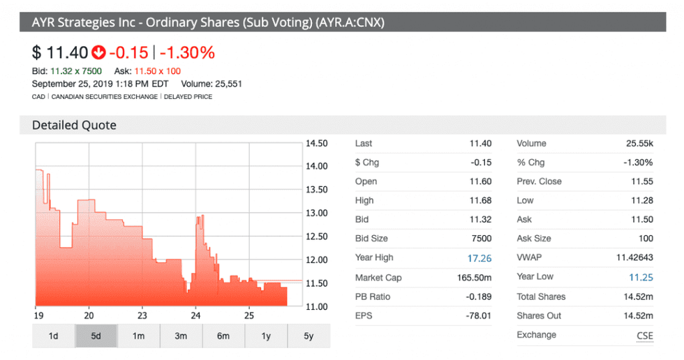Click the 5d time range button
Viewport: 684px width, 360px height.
(x=96, y=336)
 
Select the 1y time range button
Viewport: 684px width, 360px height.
(x=266, y=336)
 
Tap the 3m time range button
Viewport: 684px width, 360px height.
(x=181, y=336)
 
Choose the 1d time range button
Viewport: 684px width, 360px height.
(x=53, y=336)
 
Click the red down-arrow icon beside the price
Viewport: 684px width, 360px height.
(x=98, y=52)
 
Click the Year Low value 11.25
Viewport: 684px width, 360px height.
(x=641, y=277)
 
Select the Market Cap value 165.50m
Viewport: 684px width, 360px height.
(x=477, y=278)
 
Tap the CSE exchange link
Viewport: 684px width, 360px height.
(x=645, y=336)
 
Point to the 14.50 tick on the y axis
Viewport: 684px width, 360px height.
(x=317, y=144)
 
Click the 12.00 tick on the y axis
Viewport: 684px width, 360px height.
(x=317, y=260)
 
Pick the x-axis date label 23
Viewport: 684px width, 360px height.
(x=142, y=314)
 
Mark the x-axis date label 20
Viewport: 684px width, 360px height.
(x=89, y=314)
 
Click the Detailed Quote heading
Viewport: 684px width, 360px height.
(x=74, y=126)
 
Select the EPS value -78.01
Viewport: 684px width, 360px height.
(x=479, y=315)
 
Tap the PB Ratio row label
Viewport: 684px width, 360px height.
(x=372, y=297)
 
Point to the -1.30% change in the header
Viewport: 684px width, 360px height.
(x=187, y=52)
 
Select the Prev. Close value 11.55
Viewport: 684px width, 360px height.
(x=641, y=181)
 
